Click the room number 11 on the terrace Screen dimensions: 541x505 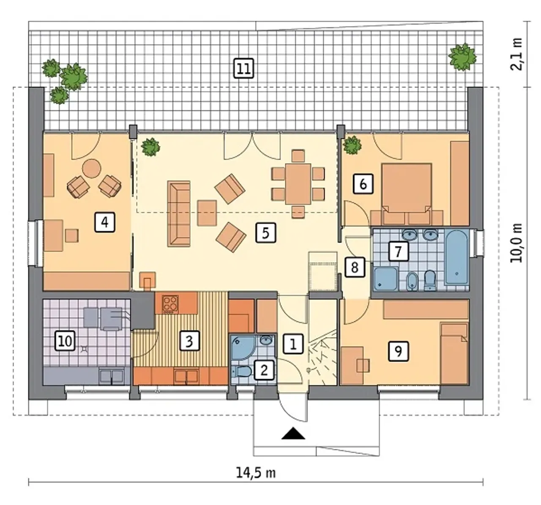244,68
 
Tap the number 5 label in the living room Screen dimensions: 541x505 265,233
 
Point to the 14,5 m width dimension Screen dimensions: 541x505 256,473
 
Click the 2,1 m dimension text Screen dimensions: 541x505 516,55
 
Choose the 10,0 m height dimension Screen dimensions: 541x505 516,243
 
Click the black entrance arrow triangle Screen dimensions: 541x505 293,433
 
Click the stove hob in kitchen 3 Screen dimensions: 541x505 171,304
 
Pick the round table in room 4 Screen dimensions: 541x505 92,169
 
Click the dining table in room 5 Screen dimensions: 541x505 298,183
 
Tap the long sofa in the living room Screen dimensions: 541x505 179,214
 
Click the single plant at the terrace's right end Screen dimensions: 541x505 462,57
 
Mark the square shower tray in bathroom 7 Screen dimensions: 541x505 386,278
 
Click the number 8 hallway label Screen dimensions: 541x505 355,267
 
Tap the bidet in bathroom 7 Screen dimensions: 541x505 412,281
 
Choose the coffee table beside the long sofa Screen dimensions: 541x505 207,213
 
